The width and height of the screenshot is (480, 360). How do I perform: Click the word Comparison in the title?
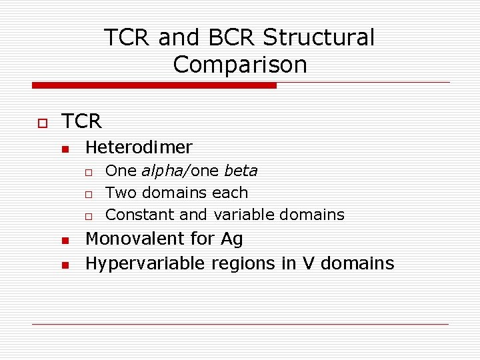(x=240, y=65)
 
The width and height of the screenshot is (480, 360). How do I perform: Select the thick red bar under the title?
(x=154, y=85)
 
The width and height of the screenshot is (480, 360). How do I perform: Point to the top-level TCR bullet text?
(x=81, y=121)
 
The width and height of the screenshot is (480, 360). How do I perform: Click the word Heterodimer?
(x=139, y=147)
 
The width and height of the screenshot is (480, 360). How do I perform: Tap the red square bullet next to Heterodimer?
(x=65, y=149)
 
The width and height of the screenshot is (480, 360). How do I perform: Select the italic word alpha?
(x=160, y=171)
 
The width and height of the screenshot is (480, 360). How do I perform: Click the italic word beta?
(x=241, y=171)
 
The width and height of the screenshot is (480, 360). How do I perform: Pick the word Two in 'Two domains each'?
(x=120, y=193)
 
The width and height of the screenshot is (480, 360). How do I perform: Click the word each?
(x=230, y=193)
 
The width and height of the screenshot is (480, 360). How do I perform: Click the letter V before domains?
(x=307, y=263)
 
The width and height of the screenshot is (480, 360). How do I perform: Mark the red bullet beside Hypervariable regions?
(x=65, y=265)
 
